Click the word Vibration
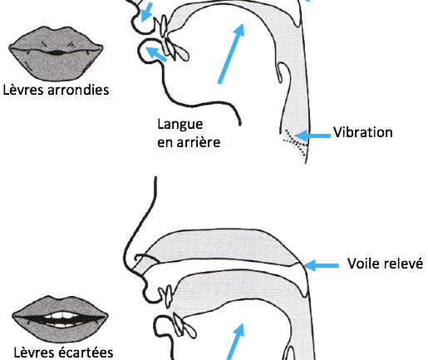(x=362, y=132)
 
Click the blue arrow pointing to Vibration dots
(x=312, y=136)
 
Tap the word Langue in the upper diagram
(x=180, y=125)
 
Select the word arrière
(x=199, y=142)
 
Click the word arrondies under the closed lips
(x=78, y=90)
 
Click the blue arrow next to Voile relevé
(x=321, y=265)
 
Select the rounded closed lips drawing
(x=56, y=54)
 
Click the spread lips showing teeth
(x=60, y=318)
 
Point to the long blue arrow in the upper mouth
(x=231, y=53)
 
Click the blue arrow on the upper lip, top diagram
(x=146, y=12)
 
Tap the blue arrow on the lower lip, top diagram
(x=155, y=54)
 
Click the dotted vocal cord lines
(x=296, y=141)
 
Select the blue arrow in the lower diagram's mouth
(x=235, y=342)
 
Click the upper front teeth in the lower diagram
(x=166, y=297)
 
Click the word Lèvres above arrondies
(x=24, y=90)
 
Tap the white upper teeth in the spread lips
(x=60, y=315)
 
